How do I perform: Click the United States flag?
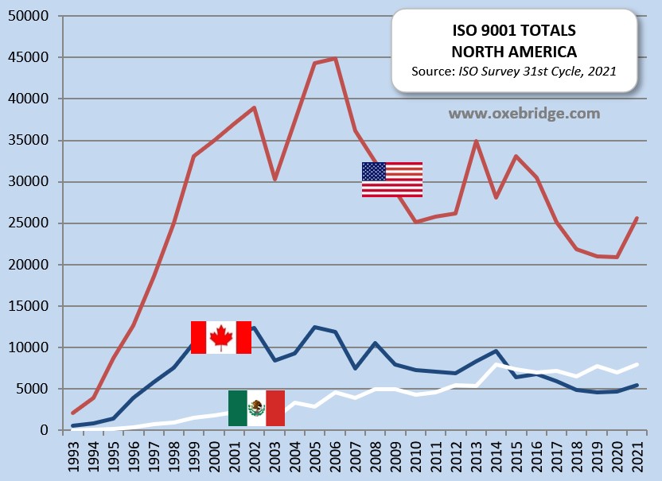391,179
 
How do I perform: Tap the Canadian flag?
220,337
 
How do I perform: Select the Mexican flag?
256,408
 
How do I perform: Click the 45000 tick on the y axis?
29,58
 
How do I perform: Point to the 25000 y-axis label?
29,223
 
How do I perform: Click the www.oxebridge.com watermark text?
524,114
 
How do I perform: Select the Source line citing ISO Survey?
513,71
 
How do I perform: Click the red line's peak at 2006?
336,58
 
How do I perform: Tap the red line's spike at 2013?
477,142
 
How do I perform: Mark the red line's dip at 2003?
275,180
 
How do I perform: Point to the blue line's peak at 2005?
315,327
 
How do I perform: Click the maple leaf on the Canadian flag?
220,337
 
